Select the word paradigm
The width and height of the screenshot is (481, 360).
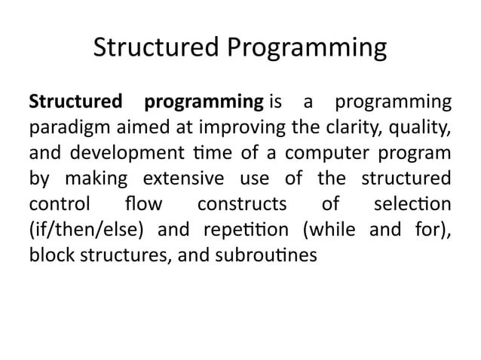pyautogui.click(x=62, y=128)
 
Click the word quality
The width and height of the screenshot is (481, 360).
pyautogui.click(x=424, y=127)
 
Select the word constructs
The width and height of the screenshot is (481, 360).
pyautogui.click(x=241, y=204)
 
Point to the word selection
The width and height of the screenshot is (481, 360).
pyautogui.click(x=412, y=204)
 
